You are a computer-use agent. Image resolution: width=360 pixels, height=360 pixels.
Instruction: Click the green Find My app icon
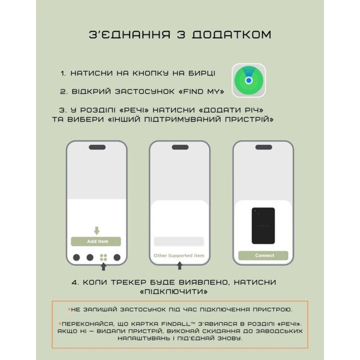tap(249, 80)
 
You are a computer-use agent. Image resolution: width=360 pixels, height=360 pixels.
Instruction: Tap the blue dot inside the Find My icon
tap(249, 80)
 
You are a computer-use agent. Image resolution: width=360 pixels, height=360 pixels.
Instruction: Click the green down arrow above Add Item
tap(96, 230)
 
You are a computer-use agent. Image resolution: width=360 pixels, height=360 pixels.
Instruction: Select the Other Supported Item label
tap(179, 256)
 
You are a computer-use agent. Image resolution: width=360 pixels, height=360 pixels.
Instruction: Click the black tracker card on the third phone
tap(263, 226)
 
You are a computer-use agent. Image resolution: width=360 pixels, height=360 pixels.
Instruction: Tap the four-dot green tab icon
tap(104, 258)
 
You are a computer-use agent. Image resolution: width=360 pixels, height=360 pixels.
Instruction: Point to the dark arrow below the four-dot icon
tap(104, 266)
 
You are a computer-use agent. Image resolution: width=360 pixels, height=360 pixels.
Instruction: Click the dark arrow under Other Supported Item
tap(180, 266)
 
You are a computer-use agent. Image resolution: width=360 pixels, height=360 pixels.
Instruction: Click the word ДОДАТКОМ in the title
tap(231, 35)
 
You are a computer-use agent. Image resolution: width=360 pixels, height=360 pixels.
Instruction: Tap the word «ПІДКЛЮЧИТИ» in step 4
tap(174, 292)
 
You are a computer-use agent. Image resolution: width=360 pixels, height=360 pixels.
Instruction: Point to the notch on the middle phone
tap(180, 147)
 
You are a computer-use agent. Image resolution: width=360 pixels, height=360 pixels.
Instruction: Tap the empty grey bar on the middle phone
tap(179, 242)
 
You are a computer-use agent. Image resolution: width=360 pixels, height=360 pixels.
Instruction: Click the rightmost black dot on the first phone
tap(117, 257)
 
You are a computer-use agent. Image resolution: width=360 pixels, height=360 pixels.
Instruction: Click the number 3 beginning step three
tap(62, 110)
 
